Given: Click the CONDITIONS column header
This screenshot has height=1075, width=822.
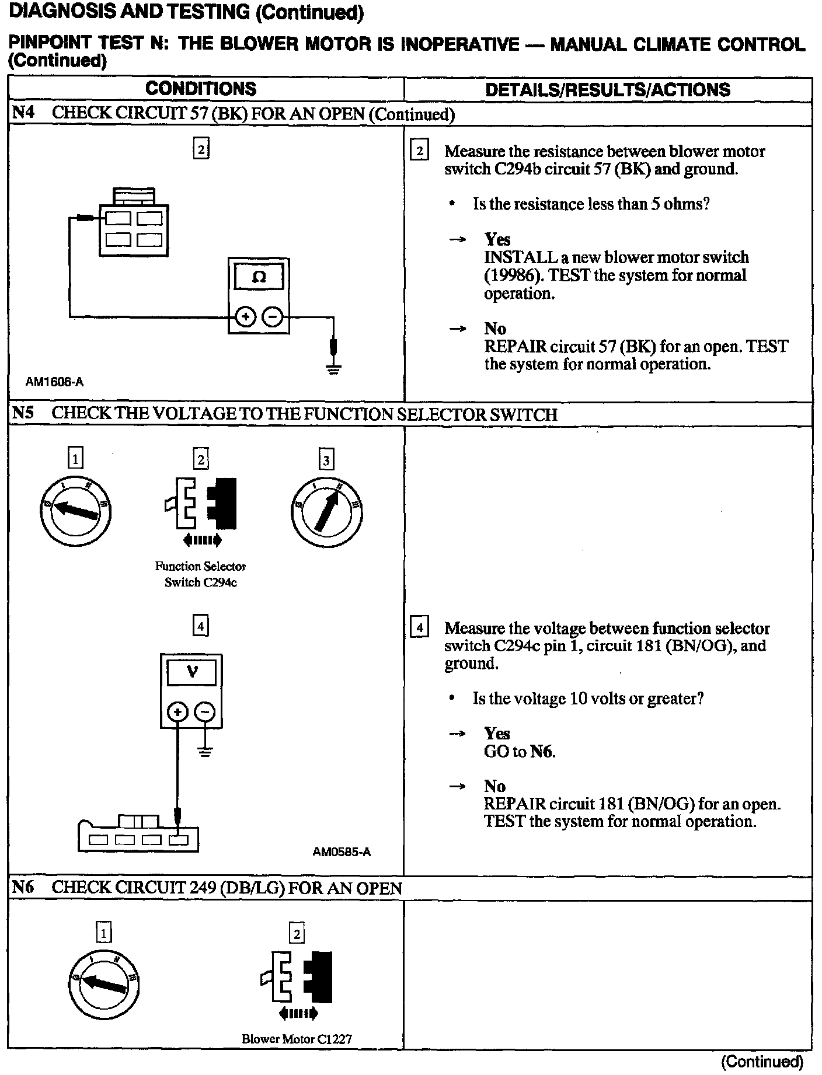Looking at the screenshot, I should point(201,89).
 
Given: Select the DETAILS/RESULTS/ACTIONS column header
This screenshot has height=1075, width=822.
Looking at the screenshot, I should point(608,89).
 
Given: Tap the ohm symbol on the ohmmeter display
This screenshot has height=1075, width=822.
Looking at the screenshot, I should point(259,277).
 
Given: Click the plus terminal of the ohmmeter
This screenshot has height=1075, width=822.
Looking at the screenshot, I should point(245,317).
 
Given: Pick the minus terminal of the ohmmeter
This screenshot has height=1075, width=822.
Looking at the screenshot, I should point(273,317).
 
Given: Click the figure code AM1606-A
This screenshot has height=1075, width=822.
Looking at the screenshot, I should point(54,382).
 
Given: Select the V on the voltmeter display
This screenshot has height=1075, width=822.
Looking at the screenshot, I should point(191,672).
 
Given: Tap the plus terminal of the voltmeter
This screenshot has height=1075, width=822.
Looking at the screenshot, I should point(177,711).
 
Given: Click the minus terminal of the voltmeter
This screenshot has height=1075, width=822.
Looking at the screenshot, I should point(204,711).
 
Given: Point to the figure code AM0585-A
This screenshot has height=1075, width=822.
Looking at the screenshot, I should point(342,851).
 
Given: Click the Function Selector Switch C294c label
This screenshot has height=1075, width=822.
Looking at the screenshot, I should point(200,574).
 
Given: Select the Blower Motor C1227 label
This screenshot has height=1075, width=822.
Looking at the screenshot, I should point(297,1039).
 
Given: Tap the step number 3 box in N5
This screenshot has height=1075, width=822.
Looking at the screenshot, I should point(326,460).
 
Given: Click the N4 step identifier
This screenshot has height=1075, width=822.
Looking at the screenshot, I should point(23,113).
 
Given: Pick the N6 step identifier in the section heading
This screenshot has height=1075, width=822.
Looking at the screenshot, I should point(23,888).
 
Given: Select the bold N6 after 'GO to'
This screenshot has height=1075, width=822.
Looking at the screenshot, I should point(541,751).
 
